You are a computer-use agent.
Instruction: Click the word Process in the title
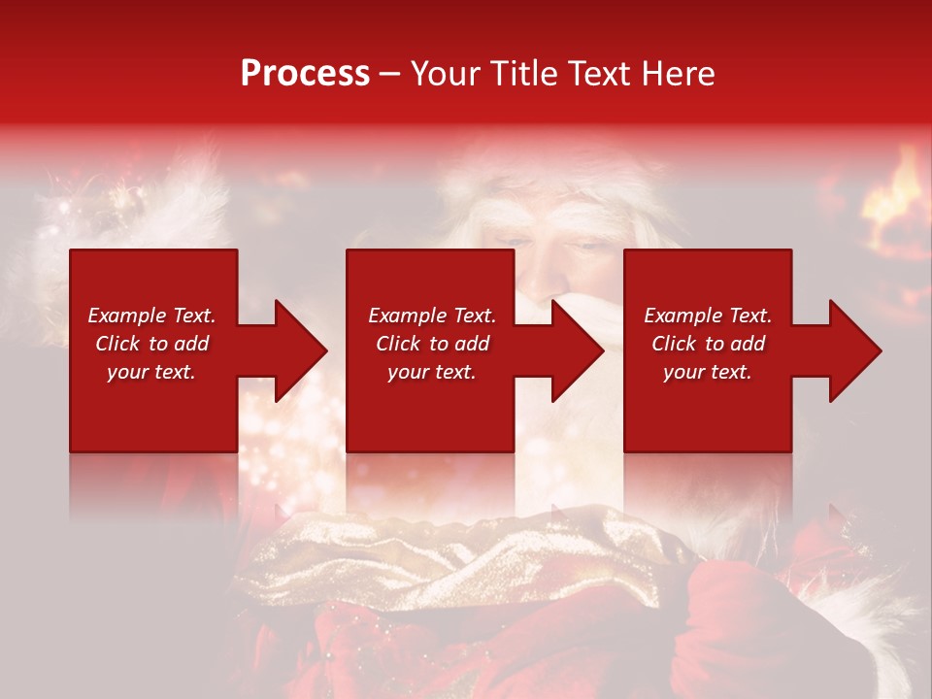(x=305, y=74)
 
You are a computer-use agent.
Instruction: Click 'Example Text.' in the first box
(x=151, y=316)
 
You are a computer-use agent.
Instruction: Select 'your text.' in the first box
(x=151, y=372)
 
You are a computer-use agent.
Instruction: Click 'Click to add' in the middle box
(x=432, y=344)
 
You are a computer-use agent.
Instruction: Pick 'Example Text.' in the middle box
(x=432, y=316)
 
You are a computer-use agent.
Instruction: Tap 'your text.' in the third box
(x=708, y=372)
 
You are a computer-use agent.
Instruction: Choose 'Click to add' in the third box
(x=708, y=344)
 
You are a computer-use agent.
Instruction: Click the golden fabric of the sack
(x=437, y=553)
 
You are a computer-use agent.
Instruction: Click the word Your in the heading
(x=447, y=74)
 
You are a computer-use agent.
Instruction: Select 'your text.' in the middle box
(x=432, y=372)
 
